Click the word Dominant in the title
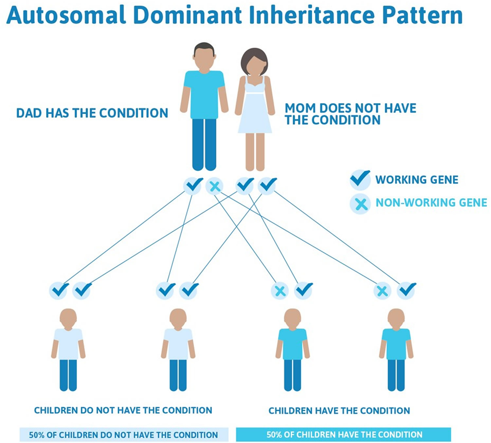tap(188, 15)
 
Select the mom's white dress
tap(255, 106)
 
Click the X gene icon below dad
tap(214, 186)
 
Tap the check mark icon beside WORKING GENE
tap(360, 179)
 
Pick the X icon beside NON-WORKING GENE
tap(360, 204)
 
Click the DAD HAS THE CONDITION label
tap(92, 113)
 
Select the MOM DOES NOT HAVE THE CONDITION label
tap(350, 114)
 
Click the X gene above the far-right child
tap(382, 291)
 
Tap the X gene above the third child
tap(280, 291)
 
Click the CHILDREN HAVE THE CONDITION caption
tap(339, 411)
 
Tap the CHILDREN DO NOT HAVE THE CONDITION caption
tap(123, 411)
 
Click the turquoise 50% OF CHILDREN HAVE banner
tap(343, 434)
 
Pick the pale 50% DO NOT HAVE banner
tap(124, 435)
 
